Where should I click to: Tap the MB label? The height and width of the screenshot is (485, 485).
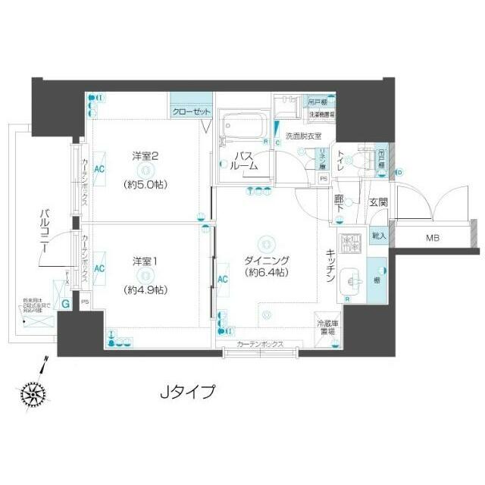point(431,238)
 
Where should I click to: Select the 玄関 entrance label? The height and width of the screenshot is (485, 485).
point(378,202)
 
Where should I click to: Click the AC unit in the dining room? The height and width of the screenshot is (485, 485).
point(224,278)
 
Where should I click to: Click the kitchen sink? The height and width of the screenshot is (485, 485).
point(351,278)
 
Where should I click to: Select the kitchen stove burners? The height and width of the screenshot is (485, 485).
point(351,244)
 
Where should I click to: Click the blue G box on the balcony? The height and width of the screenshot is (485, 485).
point(67,305)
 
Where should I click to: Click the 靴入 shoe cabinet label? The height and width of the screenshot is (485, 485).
point(377,236)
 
